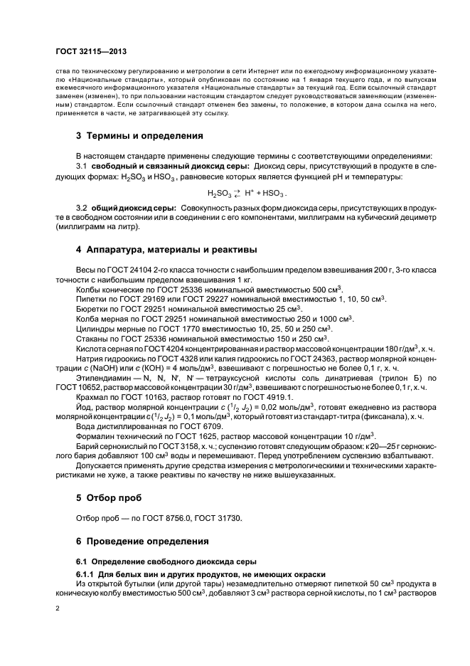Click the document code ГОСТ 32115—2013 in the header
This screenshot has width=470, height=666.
91,52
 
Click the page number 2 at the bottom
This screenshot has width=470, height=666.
57,609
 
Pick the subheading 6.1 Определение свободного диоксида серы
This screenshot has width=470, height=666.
156,561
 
